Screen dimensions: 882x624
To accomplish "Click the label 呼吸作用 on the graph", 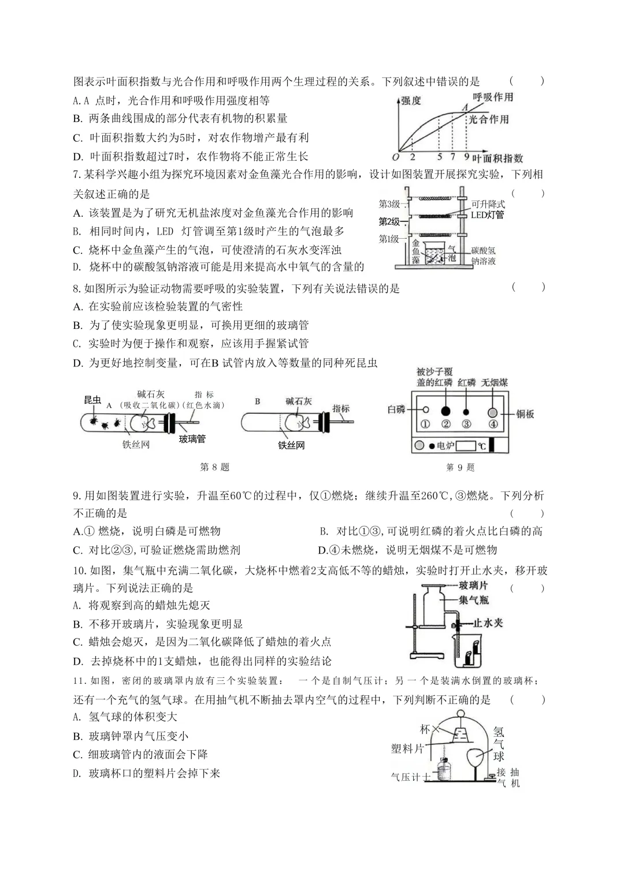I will [x=493, y=97].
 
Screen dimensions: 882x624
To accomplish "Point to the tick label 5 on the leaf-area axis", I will [x=440, y=157].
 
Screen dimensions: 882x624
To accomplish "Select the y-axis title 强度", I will [x=411, y=101].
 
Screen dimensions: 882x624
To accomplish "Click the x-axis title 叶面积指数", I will [x=497, y=158].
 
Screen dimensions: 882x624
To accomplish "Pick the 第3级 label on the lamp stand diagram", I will [x=389, y=203].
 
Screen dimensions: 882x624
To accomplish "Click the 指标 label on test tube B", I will [x=341, y=409].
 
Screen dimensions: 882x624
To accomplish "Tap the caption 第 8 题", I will [x=214, y=467].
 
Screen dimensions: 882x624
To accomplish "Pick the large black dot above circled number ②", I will [x=445, y=410].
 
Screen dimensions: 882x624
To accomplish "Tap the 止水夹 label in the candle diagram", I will [x=488, y=623].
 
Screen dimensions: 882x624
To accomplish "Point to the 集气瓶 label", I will [x=474, y=600].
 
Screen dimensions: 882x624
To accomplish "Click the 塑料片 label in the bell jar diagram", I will [x=407, y=749].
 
